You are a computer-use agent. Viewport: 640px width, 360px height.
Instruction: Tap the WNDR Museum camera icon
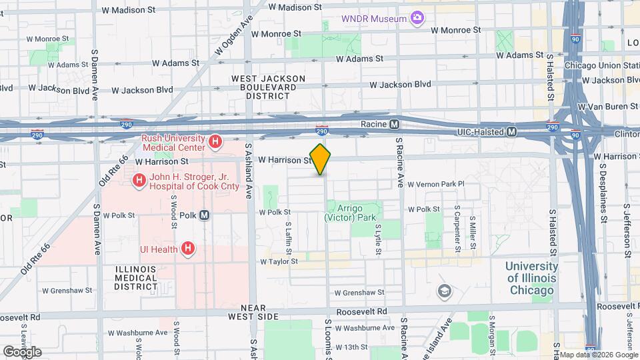coord(417,18)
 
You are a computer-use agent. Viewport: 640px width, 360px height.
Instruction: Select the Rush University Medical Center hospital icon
coord(215,141)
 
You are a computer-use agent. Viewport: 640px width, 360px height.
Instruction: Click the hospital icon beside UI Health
coord(189,249)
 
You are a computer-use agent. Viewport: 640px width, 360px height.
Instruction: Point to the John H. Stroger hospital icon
coord(139,180)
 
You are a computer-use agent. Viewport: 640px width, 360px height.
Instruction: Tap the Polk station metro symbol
coord(205,215)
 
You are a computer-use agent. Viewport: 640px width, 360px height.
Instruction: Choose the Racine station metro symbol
coord(395,124)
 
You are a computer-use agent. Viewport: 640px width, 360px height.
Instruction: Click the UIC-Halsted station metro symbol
coord(511,132)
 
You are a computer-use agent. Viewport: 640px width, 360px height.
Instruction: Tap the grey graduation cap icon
coord(444,291)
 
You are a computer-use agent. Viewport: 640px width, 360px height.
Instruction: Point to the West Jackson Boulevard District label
coord(268,87)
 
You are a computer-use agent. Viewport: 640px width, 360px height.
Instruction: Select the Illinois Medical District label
coord(135,278)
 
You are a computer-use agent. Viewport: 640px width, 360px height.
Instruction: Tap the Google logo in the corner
coord(22,351)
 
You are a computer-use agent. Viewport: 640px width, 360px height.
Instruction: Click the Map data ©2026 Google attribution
coord(597,355)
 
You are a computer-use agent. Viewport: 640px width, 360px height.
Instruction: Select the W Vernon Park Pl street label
coord(435,183)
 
